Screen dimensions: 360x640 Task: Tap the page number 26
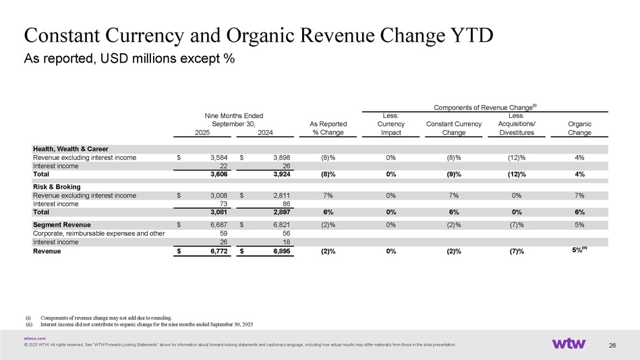point(612,346)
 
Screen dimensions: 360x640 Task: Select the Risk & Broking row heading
point(57,187)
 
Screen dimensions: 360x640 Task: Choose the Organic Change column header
point(579,128)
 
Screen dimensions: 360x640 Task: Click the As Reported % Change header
point(328,128)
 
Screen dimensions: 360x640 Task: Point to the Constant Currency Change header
point(454,128)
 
